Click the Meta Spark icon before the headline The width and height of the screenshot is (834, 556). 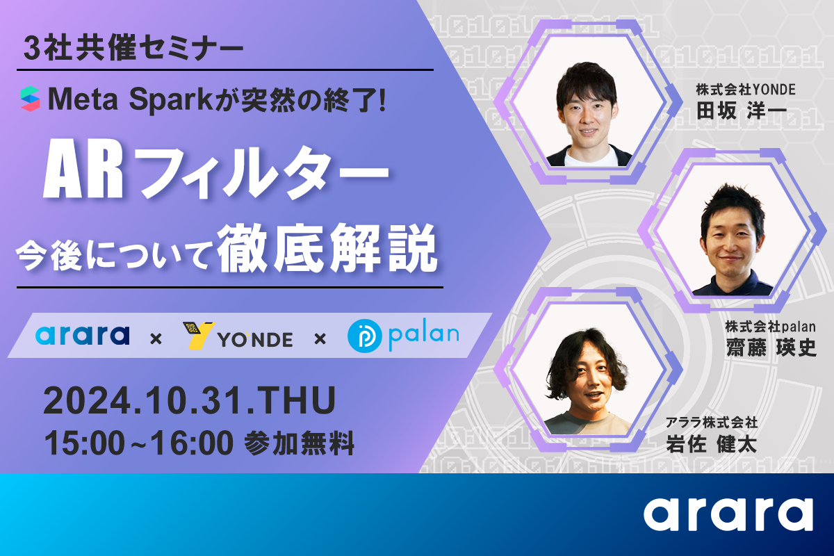click(30, 99)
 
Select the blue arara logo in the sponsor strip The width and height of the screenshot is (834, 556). click(82, 335)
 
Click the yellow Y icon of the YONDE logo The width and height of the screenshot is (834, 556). click(199, 336)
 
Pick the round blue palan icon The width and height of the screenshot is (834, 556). click(364, 336)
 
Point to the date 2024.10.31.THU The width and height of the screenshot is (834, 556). click(190, 401)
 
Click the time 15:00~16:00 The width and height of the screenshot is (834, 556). click(139, 443)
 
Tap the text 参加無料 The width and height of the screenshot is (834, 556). click(299, 443)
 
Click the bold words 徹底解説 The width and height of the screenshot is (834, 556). click(327, 249)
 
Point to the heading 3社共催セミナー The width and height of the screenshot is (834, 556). click(133, 49)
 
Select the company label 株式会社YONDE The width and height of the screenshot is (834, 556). click(746, 90)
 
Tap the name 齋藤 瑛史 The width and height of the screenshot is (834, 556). click(771, 347)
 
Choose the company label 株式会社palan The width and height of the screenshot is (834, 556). click(771, 327)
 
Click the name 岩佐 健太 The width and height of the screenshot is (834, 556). click(711, 443)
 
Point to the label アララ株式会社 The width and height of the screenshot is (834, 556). click(712, 423)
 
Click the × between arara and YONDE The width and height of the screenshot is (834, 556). click(156, 339)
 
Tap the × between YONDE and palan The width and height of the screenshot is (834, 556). click(320, 339)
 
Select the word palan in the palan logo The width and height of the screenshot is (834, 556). click(424, 334)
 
